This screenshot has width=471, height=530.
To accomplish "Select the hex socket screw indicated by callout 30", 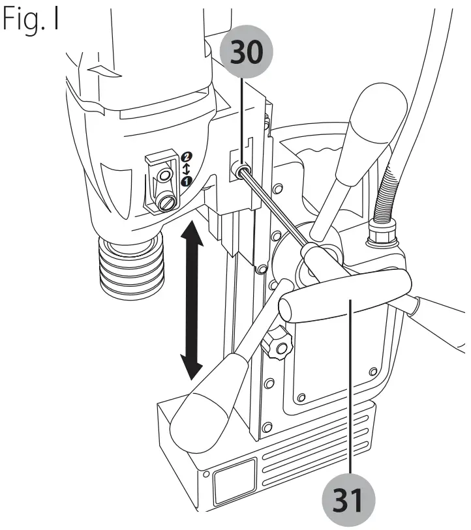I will pos(239,171).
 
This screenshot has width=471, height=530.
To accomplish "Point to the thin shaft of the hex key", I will pos(274,208).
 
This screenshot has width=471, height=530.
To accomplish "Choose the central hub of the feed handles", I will pos(313,261).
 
